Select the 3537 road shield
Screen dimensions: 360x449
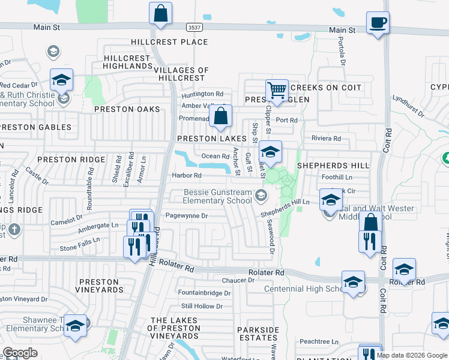click(x=194, y=28)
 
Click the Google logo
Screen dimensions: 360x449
click(x=20, y=352)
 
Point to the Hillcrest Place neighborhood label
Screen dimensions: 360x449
click(x=170, y=42)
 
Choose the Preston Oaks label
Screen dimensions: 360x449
click(x=127, y=109)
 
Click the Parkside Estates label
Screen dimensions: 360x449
click(x=258, y=334)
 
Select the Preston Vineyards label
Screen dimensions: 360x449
click(x=100, y=285)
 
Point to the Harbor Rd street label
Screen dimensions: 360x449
click(x=187, y=175)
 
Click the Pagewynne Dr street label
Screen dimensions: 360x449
click(x=186, y=215)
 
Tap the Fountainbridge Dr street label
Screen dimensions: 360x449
click(x=205, y=293)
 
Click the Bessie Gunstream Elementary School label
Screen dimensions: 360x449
click(x=217, y=196)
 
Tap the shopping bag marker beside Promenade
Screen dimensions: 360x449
click(x=220, y=116)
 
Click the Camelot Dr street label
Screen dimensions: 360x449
click(x=66, y=220)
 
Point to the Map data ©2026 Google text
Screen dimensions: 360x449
click(x=411, y=355)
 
